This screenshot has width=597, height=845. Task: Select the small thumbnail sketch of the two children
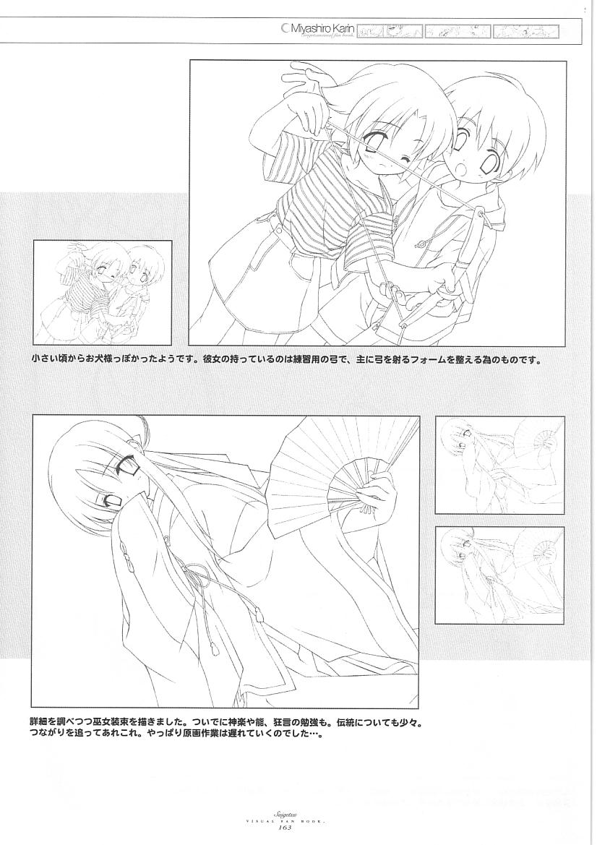pos(102,293)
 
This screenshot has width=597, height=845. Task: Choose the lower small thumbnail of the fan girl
pos(499,575)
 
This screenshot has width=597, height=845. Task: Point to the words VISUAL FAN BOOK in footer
pos(298,820)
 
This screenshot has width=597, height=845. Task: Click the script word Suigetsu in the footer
pos(298,812)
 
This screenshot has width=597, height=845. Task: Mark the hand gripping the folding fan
pos(379,499)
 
